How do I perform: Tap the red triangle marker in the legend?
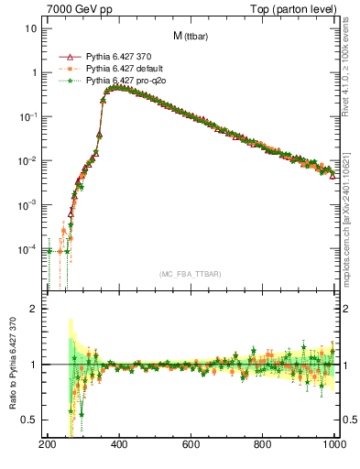coord(69,58)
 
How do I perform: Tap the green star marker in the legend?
coord(69,82)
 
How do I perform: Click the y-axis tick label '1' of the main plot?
coord(34,72)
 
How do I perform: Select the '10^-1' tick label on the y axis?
coord(27,116)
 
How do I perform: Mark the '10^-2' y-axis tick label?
coord(27,161)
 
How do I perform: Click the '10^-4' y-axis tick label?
coord(27,249)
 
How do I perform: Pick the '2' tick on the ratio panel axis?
coord(34,309)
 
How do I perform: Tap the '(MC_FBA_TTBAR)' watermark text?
coord(191,275)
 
